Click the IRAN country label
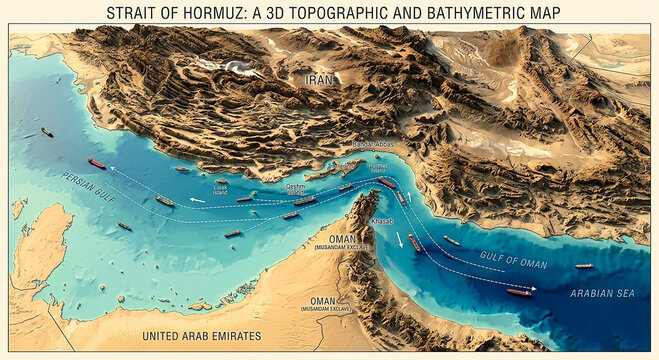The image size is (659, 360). [x=320, y=78]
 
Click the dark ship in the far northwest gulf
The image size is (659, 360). [x=47, y=132]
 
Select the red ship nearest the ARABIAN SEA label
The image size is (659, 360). [x=519, y=292]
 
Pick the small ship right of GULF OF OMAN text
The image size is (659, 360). [x=583, y=266]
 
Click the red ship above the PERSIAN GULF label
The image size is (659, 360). [x=96, y=163]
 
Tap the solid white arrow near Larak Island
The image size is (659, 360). [x=198, y=200]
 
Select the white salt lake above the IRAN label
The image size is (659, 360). [x=239, y=67]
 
